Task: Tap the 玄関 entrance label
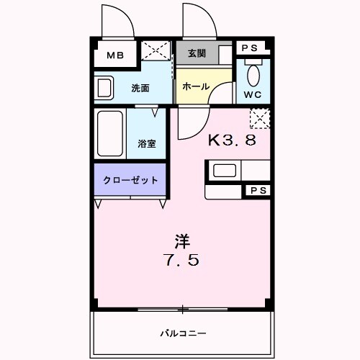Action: (197, 54)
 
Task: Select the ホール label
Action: (195, 86)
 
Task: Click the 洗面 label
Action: (140, 88)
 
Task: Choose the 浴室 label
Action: (148, 143)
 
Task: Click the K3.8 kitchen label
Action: (232, 140)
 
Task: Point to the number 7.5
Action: (181, 260)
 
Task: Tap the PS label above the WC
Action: (250, 48)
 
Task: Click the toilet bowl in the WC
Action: (253, 73)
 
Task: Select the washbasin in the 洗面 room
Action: (104, 88)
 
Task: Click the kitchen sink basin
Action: (223, 171)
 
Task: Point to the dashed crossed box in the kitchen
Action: (258, 117)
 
